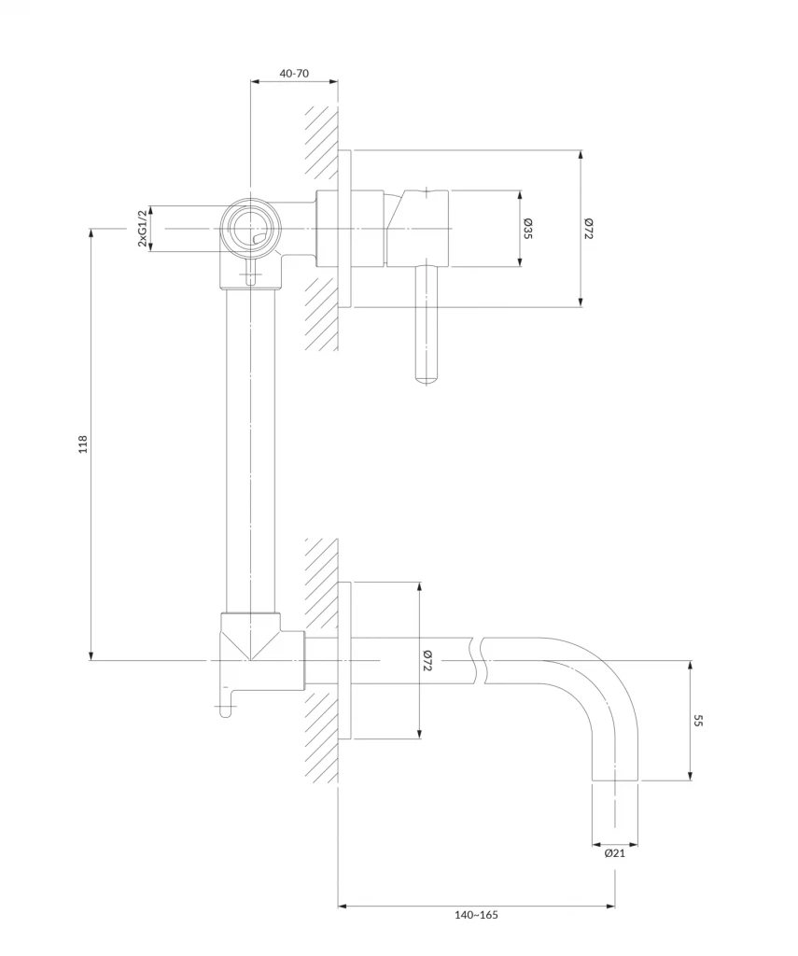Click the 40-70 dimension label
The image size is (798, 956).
[x=294, y=72]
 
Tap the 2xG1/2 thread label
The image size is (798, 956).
[x=142, y=229]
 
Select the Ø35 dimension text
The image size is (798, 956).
[x=527, y=229]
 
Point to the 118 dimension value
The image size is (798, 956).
[x=82, y=443]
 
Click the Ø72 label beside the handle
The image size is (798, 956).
[x=589, y=229]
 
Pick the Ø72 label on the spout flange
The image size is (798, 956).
[x=427, y=661]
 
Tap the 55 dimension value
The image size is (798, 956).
[x=698, y=720]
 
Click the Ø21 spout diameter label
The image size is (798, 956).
[x=614, y=852]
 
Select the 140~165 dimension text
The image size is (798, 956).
[x=475, y=916]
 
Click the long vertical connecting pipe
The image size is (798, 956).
[x=251, y=448]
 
